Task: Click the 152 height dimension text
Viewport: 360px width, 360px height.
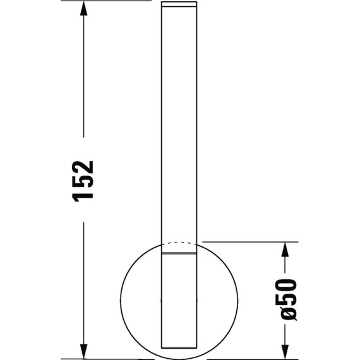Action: click(x=83, y=180)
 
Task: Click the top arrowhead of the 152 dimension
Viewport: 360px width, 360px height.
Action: click(x=83, y=9)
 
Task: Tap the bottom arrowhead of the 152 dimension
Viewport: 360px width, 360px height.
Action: click(x=83, y=351)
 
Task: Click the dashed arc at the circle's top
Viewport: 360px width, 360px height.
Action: click(x=180, y=241)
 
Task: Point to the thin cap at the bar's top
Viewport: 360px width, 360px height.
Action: click(x=180, y=4)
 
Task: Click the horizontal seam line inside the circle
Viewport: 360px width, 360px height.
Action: click(x=180, y=254)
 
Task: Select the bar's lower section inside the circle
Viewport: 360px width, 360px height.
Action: click(x=180, y=303)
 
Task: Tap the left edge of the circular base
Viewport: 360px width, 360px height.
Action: click(x=121, y=300)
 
